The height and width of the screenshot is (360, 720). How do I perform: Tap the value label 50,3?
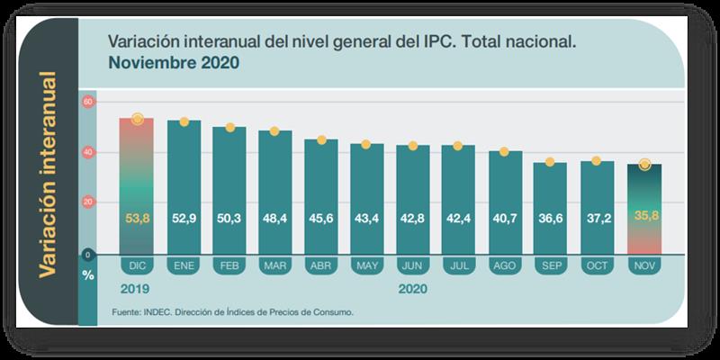[x=229, y=217]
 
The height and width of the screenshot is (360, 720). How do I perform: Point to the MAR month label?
[x=275, y=266]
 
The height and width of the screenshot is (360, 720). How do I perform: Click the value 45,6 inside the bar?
[x=321, y=217]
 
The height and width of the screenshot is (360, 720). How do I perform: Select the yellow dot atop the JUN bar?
[x=413, y=146]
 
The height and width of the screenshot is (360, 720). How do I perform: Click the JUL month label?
[x=459, y=266]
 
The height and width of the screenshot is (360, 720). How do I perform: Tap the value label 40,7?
[x=505, y=217]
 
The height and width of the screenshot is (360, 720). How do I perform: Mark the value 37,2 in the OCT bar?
[x=597, y=217]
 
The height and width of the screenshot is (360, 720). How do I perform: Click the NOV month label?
[x=643, y=266]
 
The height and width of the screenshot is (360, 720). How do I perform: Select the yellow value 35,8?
[x=643, y=217]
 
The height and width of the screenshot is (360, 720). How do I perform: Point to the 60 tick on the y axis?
[x=87, y=102]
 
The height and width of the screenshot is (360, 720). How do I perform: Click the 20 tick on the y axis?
[x=87, y=203]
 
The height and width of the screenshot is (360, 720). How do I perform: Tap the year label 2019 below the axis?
[x=134, y=289]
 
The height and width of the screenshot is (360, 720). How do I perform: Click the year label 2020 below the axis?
[x=412, y=289]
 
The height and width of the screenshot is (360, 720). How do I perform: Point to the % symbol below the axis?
[x=87, y=274]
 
